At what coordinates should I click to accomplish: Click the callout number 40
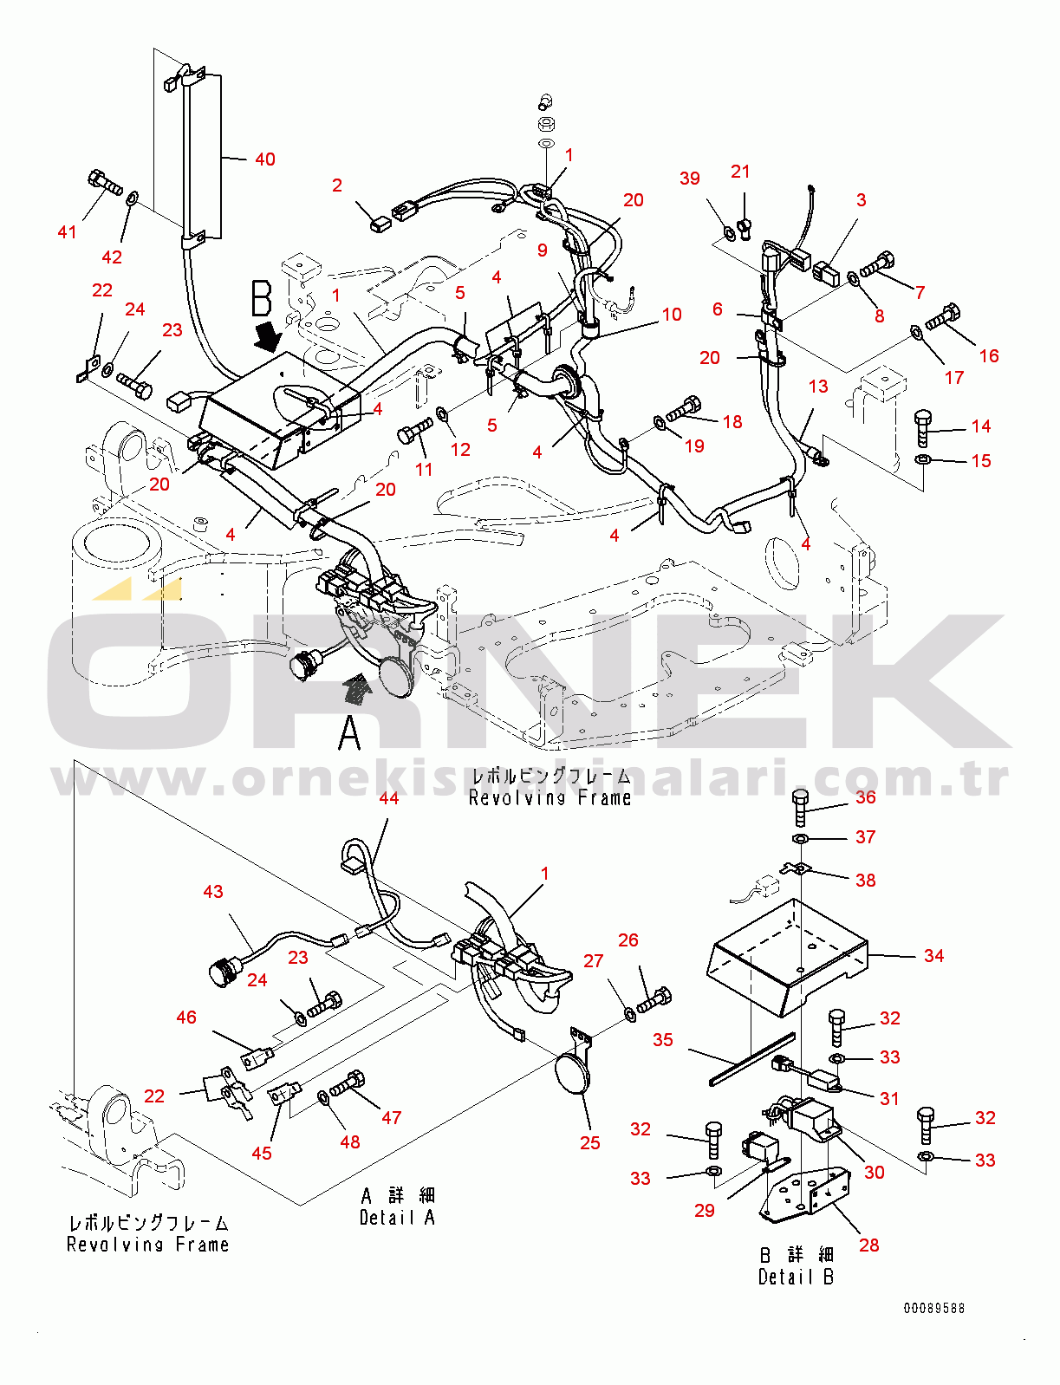pos(264,159)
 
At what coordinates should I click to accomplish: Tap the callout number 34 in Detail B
pos(933,956)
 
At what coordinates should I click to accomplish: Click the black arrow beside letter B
pos(270,334)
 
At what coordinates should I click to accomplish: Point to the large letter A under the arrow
pos(349,733)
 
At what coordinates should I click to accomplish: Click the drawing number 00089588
pos(933,1309)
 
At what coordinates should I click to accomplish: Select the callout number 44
pos(389,798)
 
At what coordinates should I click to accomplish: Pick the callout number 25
pos(590,1143)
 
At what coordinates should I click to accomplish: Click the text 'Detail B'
pos(796,1277)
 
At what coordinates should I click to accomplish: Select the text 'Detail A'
pos(397,1218)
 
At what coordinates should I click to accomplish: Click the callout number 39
pos(690,179)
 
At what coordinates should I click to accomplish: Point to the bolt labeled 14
pos(923,428)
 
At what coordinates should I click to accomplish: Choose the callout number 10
pos(672,315)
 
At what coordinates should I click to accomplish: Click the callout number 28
pos(868,1245)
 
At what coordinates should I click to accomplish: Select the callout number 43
pos(213,892)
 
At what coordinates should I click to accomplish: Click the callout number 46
pos(186,1018)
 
